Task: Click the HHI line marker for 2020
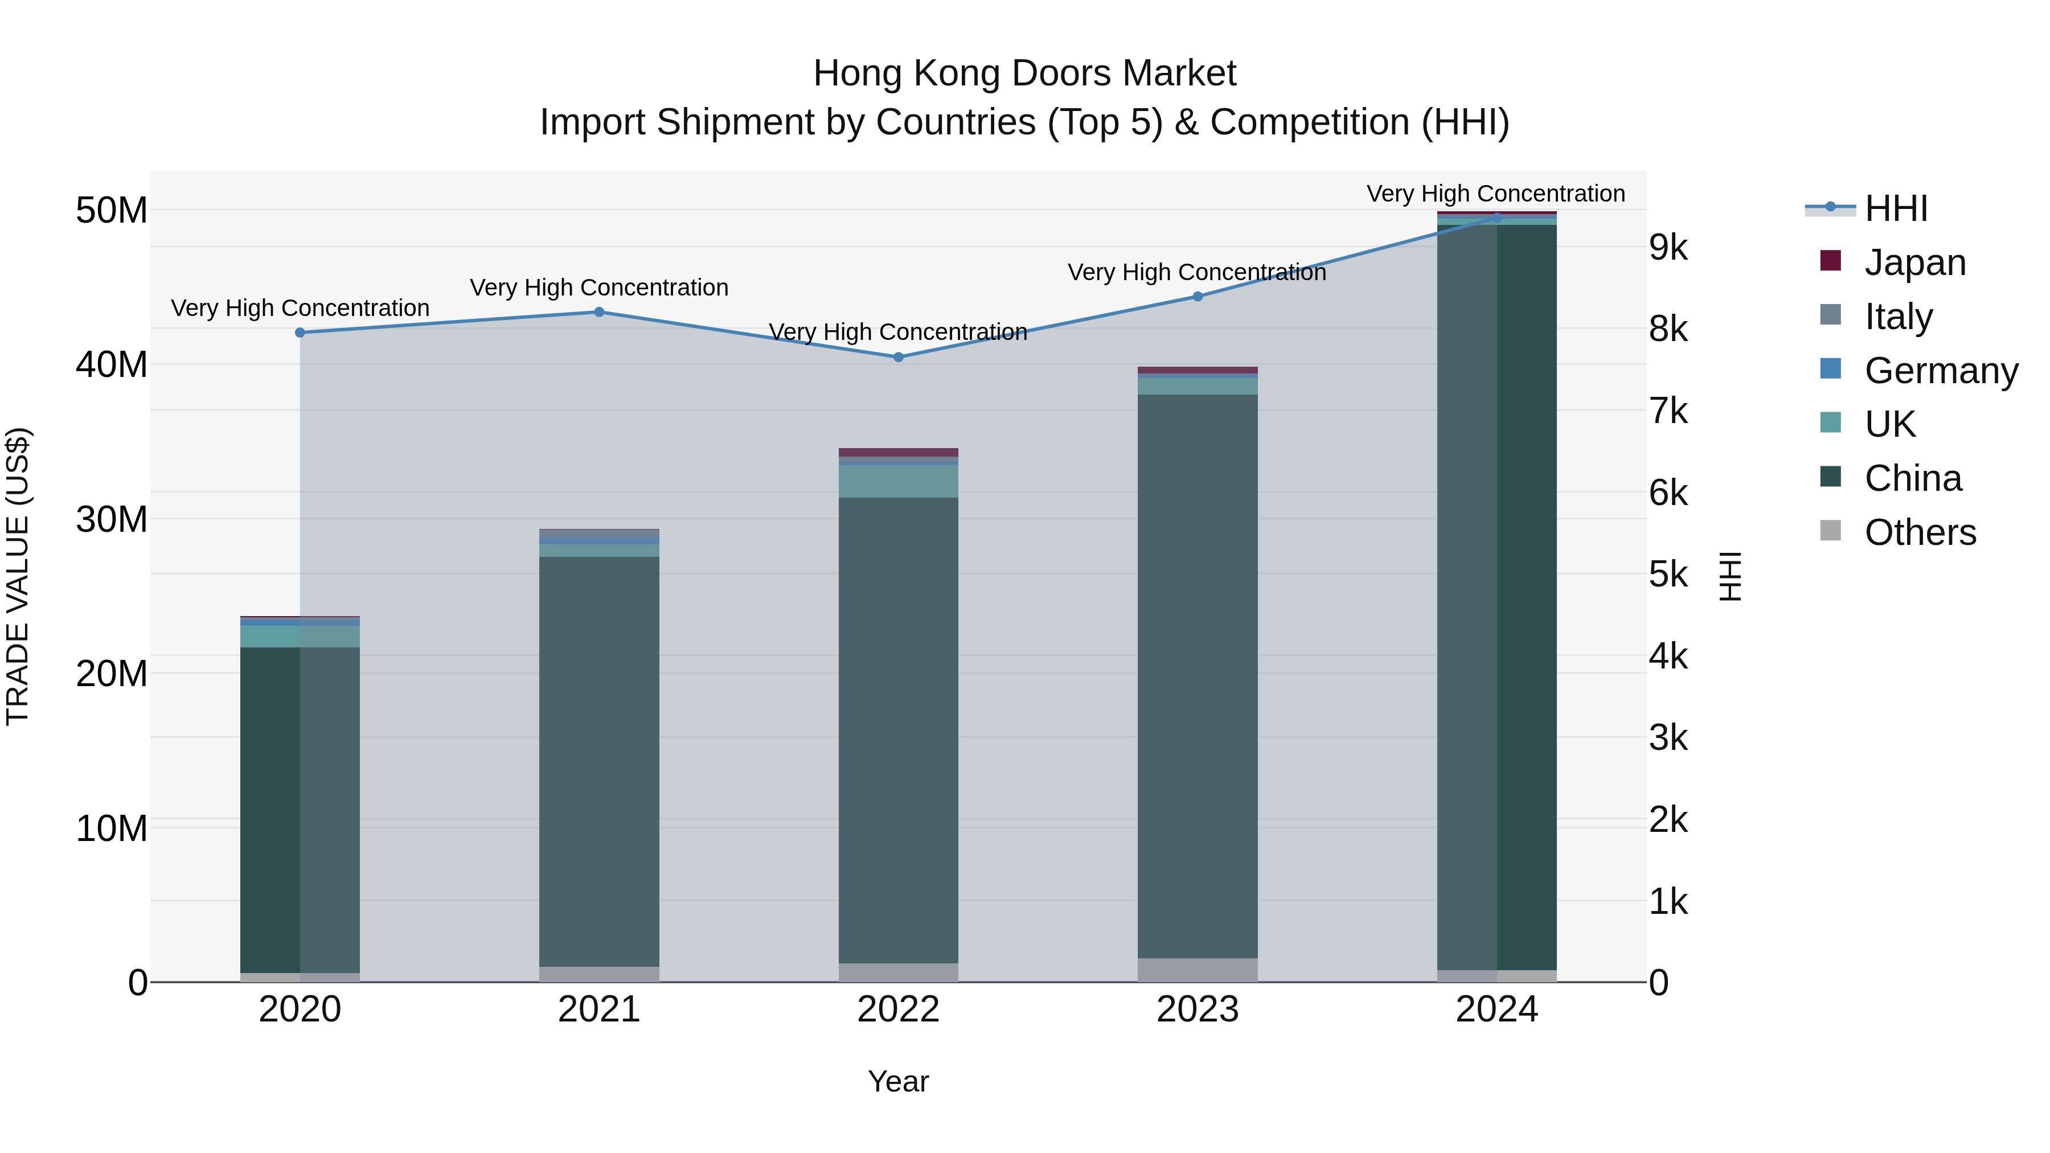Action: click(x=300, y=333)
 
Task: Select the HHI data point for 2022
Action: click(x=899, y=357)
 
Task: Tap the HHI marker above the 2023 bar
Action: click(x=1198, y=297)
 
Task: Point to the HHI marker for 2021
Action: click(x=599, y=312)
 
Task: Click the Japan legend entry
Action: click(x=1914, y=262)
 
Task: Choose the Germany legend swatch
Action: click(x=1830, y=369)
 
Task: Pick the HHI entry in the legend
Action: click(x=1895, y=208)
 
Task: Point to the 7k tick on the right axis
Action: click(x=1668, y=412)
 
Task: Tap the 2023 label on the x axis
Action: click(x=1198, y=1010)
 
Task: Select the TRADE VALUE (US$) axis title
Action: click(x=18, y=576)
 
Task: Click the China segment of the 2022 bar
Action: click(x=899, y=732)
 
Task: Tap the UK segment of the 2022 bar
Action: click(x=899, y=481)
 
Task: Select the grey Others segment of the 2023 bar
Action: click(x=1198, y=970)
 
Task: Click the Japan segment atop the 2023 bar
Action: click(x=1198, y=370)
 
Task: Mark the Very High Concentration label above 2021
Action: click(x=599, y=288)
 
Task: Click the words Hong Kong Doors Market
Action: click(x=1024, y=73)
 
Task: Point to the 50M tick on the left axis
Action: click(x=112, y=211)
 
